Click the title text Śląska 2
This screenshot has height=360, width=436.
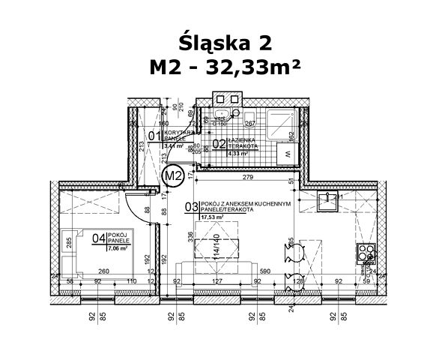pyautogui.click(x=218, y=40)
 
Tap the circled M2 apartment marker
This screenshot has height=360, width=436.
pyautogui.click(x=174, y=176)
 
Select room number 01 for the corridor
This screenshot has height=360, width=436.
pyautogui.click(x=154, y=135)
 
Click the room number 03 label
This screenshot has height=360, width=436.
pyautogui.click(x=193, y=206)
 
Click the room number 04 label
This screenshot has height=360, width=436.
pyautogui.click(x=97, y=239)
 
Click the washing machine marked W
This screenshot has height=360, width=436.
pyautogui.click(x=288, y=153)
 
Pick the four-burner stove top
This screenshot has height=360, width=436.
pyautogui.click(x=367, y=256)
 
